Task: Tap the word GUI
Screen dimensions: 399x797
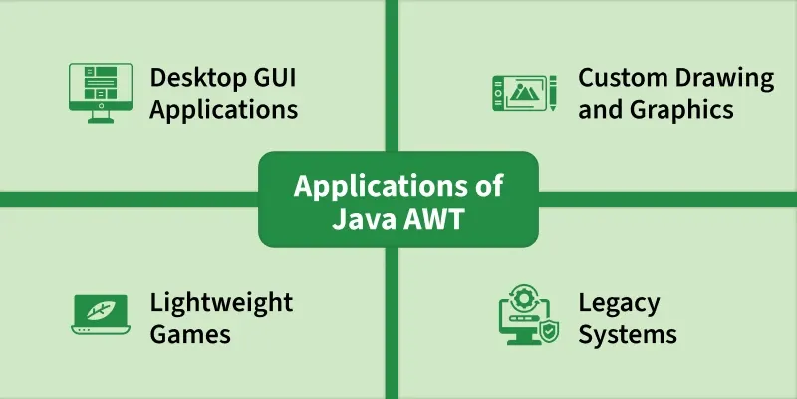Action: tap(273, 78)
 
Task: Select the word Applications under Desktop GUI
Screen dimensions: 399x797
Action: tap(224, 109)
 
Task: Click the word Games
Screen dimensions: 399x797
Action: tap(190, 333)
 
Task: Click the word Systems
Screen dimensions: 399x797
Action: tap(628, 333)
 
